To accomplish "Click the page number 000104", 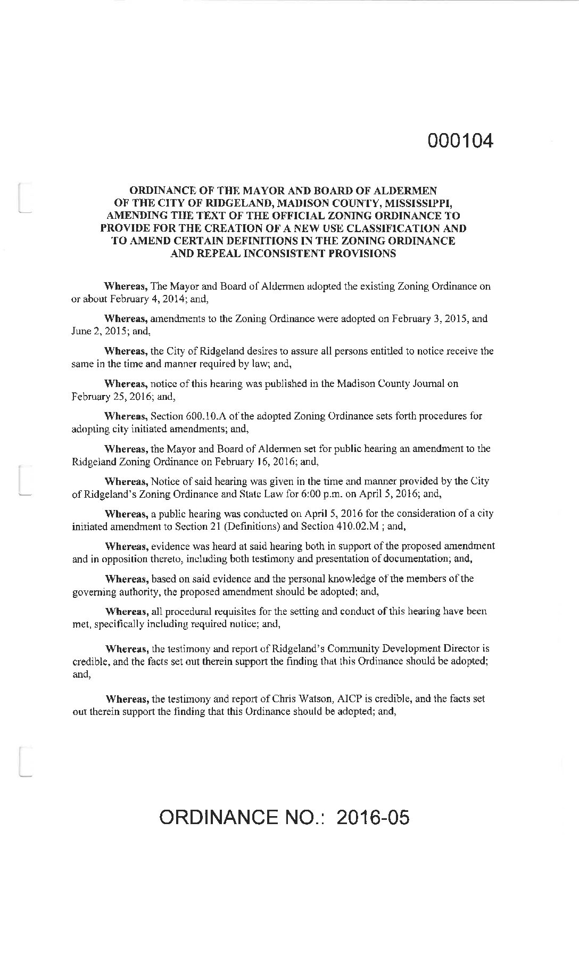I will pos(460,141).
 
